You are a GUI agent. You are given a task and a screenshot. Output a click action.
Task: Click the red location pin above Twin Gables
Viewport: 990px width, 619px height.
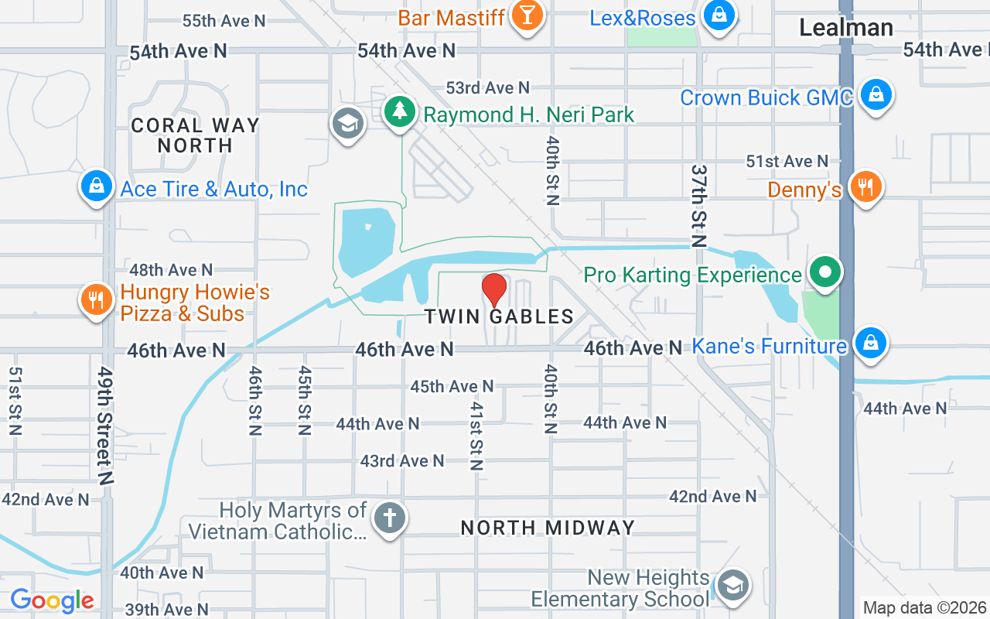coord(494,289)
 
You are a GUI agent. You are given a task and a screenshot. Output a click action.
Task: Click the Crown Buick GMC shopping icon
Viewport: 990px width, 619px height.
coord(876,94)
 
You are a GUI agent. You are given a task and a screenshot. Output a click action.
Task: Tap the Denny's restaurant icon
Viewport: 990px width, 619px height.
coord(865,186)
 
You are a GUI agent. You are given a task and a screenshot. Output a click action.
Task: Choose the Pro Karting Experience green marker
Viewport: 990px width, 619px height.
coord(825,272)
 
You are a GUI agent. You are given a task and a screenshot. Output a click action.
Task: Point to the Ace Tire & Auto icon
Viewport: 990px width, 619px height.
coord(97,186)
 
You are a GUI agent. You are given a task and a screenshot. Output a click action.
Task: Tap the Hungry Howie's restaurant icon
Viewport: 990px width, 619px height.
coord(97,299)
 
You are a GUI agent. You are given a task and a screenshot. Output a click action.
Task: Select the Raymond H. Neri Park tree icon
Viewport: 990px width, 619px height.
coord(400,111)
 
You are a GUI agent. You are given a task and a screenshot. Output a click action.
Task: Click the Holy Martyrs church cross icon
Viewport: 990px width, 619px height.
coord(389,518)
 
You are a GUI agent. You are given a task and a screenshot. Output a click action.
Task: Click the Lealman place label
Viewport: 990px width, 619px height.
coord(846,28)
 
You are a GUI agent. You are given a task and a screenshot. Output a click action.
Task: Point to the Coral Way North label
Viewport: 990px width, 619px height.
coord(195,135)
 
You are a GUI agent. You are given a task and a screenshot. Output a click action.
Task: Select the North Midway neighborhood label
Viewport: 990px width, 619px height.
coord(548,528)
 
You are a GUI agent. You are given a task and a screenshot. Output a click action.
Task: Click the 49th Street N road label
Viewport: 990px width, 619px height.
coord(104,425)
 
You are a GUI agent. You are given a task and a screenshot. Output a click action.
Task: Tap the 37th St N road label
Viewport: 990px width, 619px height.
coord(699,205)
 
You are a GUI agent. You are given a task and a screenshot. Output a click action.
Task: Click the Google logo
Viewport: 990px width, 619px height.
coord(52,600)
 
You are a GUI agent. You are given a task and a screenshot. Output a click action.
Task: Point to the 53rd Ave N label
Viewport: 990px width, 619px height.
coord(487,87)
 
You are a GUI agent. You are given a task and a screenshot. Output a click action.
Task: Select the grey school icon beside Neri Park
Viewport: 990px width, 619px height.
coord(348,122)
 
